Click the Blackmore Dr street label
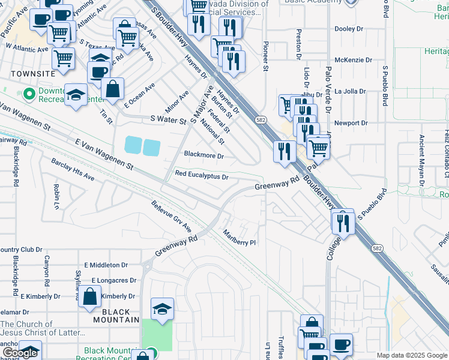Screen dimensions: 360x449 pyautogui.click(x=203, y=155)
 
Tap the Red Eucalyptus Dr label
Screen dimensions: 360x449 pyautogui.click(x=202, y=176)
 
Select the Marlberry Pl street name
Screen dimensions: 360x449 pyautogui.click(x=240, y=238)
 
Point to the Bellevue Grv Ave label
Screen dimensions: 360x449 pyautogui.click(x=171, y=217)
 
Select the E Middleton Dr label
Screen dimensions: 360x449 pyautogui.click(x=106, y=265)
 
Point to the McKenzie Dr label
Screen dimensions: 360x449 pyautogui.click(x=351, y=60)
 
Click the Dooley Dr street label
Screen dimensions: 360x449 pyautogui.click(x=349, y=28)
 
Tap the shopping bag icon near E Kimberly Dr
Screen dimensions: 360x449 pyautogui.click(x=89, y=296)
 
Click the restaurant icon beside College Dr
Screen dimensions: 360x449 pyautogui.click(x=343, y=221)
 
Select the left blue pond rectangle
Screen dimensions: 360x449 pyautogui.click(x=133, y=145)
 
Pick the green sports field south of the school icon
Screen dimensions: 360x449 pyautogui.click(x=157, y=335)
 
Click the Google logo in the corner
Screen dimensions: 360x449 pyautogui.click(x=20, y=353)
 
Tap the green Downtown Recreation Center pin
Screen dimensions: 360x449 pyautogui.click(x=28, y=94)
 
